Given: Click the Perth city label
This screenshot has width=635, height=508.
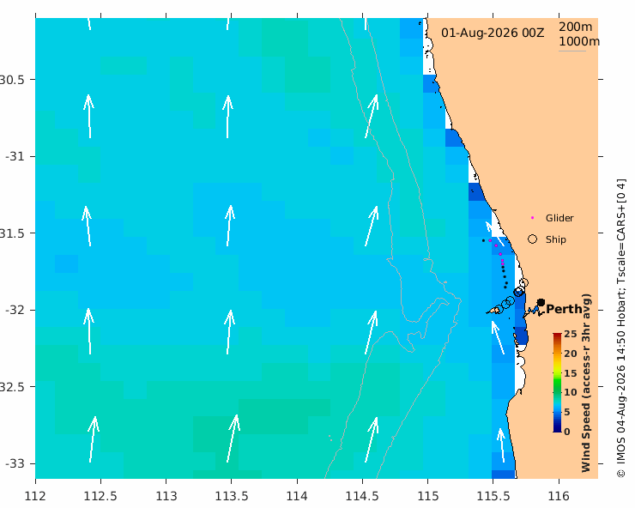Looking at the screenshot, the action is (564, 310).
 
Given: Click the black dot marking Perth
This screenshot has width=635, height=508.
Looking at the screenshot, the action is (541, 303).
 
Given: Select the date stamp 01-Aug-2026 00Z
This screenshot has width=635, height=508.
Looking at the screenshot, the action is (493, 33).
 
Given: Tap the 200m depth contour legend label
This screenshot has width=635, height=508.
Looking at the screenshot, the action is (576, 27).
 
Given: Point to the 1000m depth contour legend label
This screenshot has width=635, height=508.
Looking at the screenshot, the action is (579, 41).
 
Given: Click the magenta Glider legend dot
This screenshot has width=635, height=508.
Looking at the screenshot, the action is (533, 218).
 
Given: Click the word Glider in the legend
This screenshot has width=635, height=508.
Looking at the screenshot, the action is (559, 218).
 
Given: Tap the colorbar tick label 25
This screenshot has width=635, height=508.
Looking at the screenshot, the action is (570, 334).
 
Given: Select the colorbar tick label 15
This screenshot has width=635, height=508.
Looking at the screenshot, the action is (570, 373).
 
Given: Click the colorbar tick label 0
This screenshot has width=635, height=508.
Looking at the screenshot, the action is (567, 432).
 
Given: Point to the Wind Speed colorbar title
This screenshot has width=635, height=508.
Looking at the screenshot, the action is (586, 383).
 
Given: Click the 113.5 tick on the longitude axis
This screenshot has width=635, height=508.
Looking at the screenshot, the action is (231, 496).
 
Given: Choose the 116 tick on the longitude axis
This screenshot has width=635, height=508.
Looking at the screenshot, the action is (559, 496).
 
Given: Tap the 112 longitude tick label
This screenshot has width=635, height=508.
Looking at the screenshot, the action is (35, 496).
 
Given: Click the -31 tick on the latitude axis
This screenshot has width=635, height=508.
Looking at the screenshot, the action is (15, 156).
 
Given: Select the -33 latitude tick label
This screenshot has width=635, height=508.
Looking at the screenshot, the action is (15, 463).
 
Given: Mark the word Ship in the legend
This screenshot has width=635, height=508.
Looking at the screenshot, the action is (556, 239).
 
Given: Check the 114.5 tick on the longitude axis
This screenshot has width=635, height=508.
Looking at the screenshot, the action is (362, 496).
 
